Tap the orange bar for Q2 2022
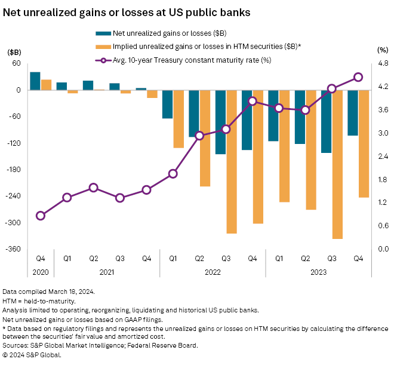point(205,138)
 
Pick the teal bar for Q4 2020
point(35,81)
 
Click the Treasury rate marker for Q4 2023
point(358,77)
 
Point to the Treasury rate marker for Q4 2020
point(41,216)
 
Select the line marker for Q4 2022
point(253,101)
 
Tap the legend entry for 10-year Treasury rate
point(179,60)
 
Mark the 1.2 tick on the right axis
point(383,203)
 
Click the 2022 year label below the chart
point(213,272)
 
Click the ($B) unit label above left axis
point(14,52)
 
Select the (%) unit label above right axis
point(383,52)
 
